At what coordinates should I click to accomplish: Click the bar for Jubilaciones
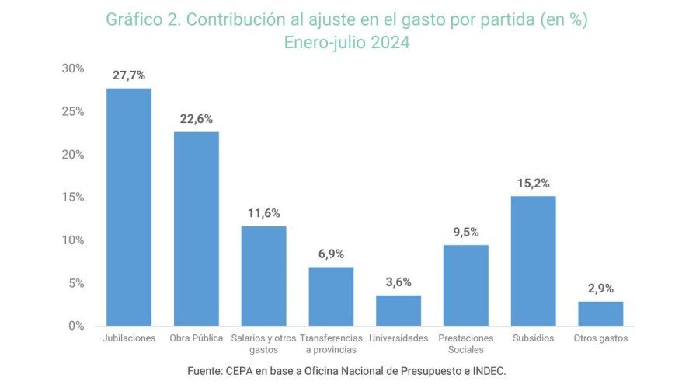[x=129, y=207]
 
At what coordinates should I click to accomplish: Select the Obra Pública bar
[x=196, y=229]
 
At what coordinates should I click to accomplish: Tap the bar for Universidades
[x=398, y=310]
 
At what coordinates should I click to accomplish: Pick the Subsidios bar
[x=533, y=261]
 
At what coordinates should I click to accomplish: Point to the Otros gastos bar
[x=600, y=313]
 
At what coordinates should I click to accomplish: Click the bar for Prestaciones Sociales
[x=466, y=285]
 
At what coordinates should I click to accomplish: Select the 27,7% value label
[x=129, y=75]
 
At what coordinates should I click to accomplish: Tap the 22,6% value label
[x=196, y=119]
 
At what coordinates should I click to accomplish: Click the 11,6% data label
[x=263, y=213]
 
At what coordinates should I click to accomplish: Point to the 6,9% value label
[x=331, y=254]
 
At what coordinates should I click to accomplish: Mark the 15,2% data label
[x=533, y=184]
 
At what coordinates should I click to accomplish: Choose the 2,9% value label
[x=600, y=289]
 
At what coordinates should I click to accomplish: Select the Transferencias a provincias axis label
[x=331, y=344]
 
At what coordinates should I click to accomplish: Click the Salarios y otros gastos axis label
[x=263, y=344]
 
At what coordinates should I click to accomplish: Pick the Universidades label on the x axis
[x=398, y=338]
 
